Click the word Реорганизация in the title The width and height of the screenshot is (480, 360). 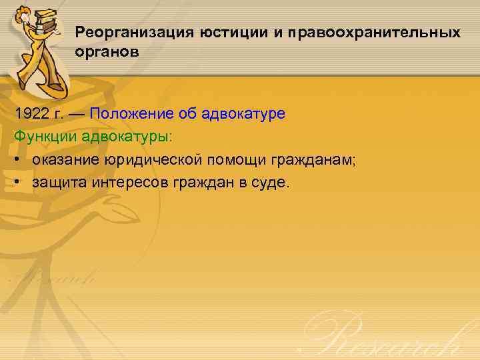pyautogui.click(x=132, y=32)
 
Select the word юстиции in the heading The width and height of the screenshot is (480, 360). pyautogui.click(x=231, y=32)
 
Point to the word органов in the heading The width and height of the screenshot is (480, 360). pyautogui.click(x=107, y=52)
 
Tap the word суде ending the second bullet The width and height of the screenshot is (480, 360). pyautogui.click(x=273, y=183)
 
